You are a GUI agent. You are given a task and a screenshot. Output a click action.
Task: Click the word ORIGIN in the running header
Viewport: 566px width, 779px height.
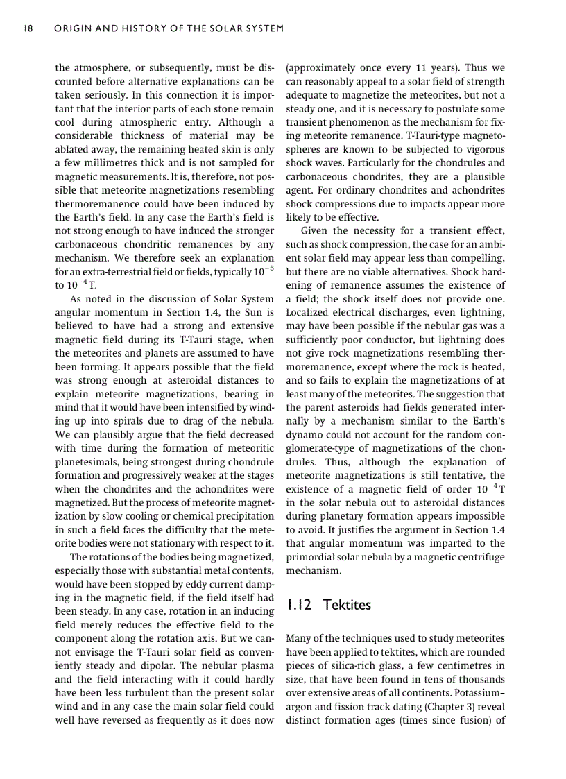(74, 28)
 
